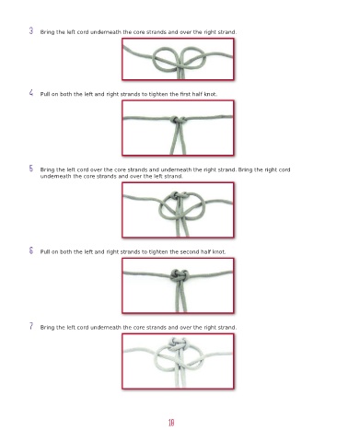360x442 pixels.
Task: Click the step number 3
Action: (31, 30)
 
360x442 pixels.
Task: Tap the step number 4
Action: (31, 93)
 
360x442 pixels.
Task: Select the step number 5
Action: (31, 169)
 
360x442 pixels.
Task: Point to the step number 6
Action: (31, 250)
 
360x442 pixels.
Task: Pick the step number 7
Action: (31, 326)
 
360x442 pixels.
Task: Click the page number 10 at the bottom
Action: (171, 423)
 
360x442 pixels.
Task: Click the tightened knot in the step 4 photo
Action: (178, 120)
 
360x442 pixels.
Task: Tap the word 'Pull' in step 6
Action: (45, 252)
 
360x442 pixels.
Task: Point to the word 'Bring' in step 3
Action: (47, 32)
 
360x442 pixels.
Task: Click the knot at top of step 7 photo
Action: (177, 343)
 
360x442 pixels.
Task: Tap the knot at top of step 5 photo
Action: (179, 196)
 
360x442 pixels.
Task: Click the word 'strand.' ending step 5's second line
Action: (174, 176)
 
